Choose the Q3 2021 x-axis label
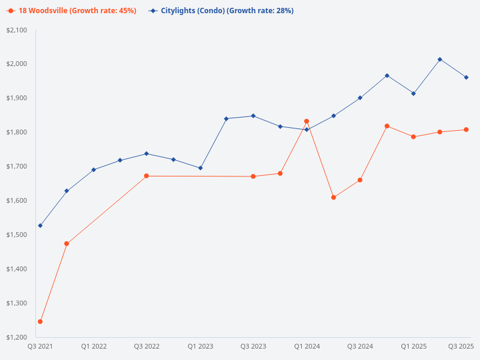pyautogui.click(x=40, y=347)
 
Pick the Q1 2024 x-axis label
pyautogui.click(x=307, y=347)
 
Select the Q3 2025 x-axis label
pyautogui.click(x=461, y=347)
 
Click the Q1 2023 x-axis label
pyautogui.click(x=200, y=347)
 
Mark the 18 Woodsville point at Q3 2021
pyautogui.click(x=40, y=322)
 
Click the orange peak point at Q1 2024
pyautogui.click(x=307, y=121)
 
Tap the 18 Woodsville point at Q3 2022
pyautogui.click(x=146, y=176)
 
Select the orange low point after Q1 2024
pyautogui.click(x=334, y=197)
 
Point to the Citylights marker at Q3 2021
pyautogui.click(x=40, y=226)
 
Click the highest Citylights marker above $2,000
pyautogui.click(x=440, y=59)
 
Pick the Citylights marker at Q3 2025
pyautogui.click(x=466, y=77)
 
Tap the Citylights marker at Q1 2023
pyautogui.click(x=200, y=168)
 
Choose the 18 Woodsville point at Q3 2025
pyautogui.click(x=466, y=130)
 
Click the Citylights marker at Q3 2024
pyautogui.click(x=360, y=98)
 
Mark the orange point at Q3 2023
pyautogui.click(x=253, y=176)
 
